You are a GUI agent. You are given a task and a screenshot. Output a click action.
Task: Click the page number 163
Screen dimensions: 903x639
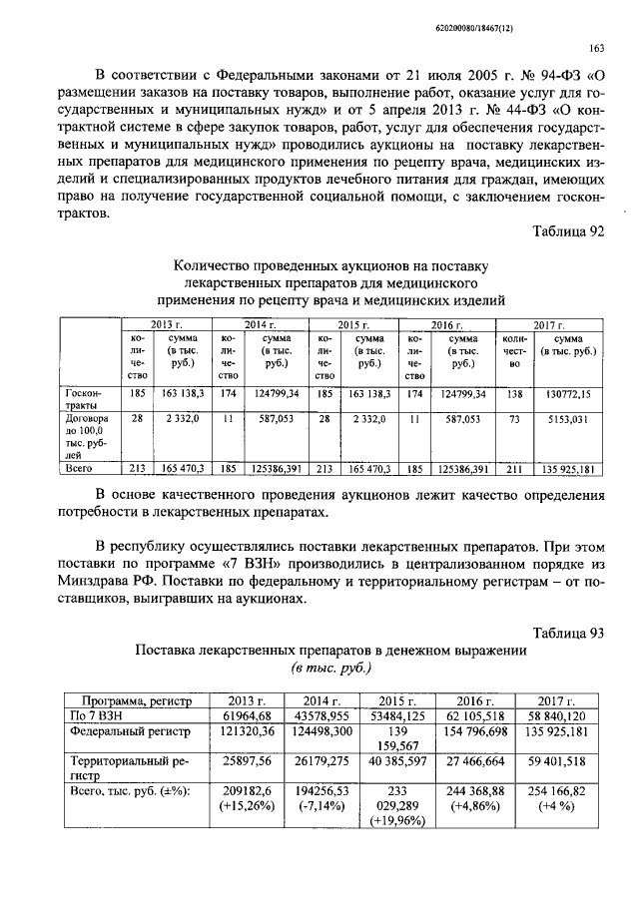pyautogui.click(x=598, y=47)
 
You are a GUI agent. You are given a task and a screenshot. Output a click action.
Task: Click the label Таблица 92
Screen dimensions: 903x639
pyautogui.click(x=569, y=231)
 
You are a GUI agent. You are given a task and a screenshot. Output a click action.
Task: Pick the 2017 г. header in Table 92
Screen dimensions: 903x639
pyautogui.click(x=549, y=325)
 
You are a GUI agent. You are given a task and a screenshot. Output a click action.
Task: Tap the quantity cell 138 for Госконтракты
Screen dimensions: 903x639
pyautogui.click(x=514, y=396)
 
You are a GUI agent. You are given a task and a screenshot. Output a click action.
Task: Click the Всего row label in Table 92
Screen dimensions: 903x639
pyautogui.click(x=79, y=466)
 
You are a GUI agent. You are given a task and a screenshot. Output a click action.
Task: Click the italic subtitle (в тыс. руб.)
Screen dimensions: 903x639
pyautogui.click(x=330, y=668)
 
